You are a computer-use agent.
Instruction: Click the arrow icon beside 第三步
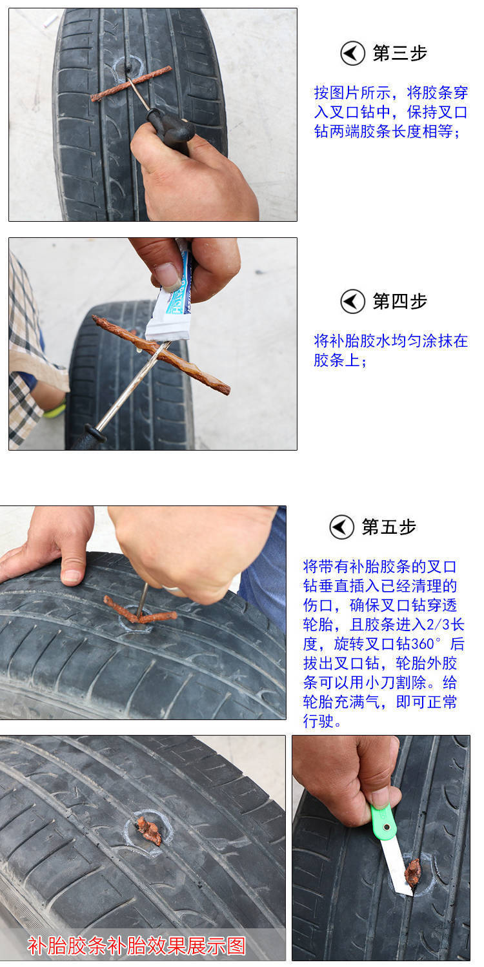[352, 54]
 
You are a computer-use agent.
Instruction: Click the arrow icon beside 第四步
[352, 301]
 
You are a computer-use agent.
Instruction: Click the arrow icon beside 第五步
[341, 527]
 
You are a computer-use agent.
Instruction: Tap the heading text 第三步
[400, 54]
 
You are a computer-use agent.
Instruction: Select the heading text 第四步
[400, 301]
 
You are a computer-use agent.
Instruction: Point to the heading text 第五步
[389, 527]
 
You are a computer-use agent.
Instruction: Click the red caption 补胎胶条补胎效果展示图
[137, 946]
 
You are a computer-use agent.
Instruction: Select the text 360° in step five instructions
[427, 644]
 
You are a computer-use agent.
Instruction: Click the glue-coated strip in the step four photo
[161, 355]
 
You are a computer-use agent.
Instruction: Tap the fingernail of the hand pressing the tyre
[71, 575]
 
